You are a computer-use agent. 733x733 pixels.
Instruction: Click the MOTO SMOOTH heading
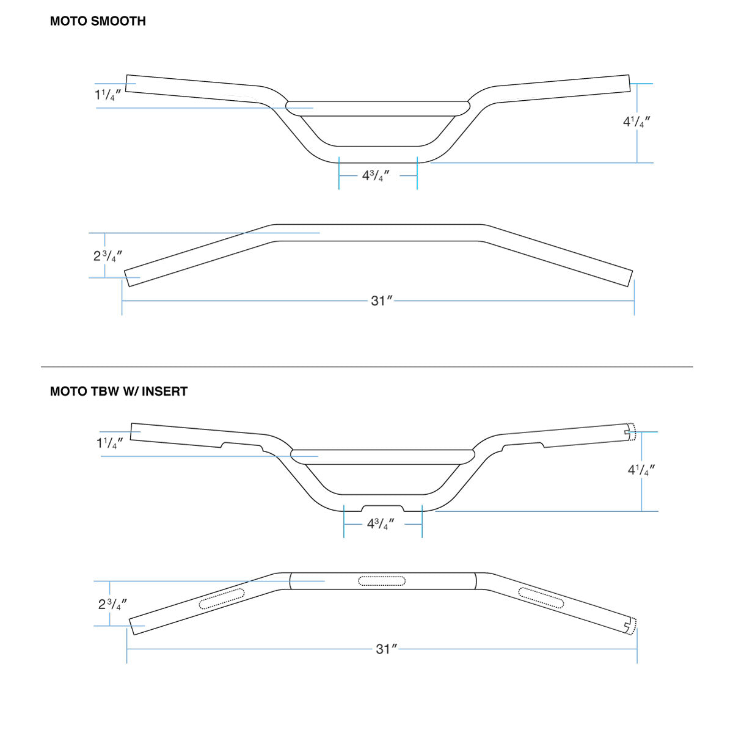98,21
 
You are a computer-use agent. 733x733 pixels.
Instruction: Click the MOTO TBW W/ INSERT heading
119,392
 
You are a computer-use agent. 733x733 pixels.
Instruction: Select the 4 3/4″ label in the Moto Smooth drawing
376,176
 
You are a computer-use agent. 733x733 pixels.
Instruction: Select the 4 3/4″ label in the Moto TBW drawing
381,524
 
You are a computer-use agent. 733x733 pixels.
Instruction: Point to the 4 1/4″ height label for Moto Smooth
636,122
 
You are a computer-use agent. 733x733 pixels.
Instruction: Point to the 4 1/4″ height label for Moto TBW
641,470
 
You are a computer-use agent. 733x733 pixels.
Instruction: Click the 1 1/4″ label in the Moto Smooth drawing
108,95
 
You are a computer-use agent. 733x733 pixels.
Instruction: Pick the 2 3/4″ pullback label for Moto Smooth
108,256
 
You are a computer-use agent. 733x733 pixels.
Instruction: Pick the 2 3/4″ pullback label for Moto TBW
112,604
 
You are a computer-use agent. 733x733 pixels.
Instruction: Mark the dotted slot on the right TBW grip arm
541,597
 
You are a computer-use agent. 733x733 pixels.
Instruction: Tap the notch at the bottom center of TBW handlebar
383,508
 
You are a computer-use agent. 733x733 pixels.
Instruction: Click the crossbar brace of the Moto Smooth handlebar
378,108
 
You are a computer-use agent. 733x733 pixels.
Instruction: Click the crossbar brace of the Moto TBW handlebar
382,456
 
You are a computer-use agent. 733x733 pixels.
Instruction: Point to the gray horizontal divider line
366,366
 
